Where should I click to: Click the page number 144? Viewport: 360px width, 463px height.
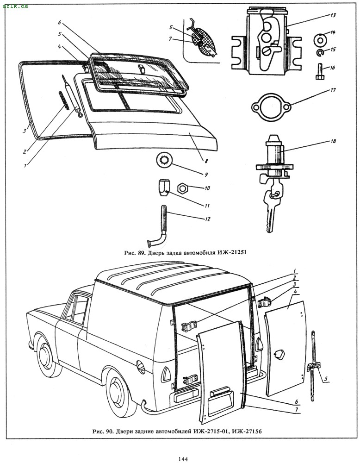(x=182, y=459)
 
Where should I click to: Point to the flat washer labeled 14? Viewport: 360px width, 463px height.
(x=320, y=39)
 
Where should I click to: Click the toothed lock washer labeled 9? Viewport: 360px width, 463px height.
(x=165, y=159)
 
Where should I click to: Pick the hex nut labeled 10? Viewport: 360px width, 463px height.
(x=183, y=188)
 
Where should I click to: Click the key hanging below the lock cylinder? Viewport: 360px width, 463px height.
(x=269, y=208)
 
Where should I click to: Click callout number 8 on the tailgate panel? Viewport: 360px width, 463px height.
(x=206, y=161)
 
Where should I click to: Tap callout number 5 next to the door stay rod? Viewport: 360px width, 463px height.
(x=325, y=379)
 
